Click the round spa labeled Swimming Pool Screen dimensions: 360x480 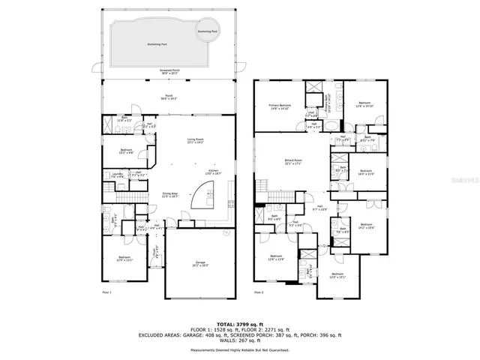click(x=208, y=32)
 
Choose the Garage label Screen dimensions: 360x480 click(x=199, y=264)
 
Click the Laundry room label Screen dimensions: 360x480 click(x=118, y=175)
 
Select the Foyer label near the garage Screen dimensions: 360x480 click(x=156, y=255)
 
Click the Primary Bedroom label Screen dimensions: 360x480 click(x=279, y=106)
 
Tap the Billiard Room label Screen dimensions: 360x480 click(x=292, y=161)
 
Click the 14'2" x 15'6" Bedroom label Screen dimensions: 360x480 click(x=366, y=226)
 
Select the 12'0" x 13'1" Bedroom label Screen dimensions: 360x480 click(x=337, y=274)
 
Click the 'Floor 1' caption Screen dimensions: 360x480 click(x=106, y=292)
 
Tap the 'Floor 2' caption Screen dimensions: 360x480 click(x=259, y=292)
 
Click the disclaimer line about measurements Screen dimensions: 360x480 click(x=240, y=349)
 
